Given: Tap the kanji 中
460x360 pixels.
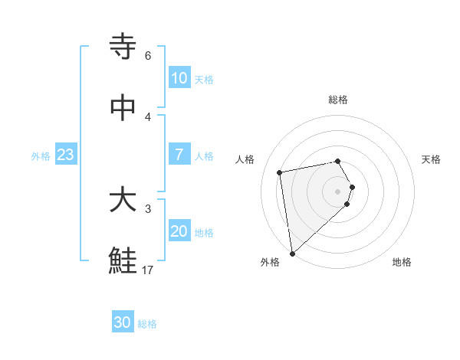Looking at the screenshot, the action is click(x=123, y=108).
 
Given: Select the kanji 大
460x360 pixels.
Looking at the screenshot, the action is click(x=123, y=201).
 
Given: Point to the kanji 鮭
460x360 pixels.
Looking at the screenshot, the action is click(x=123, y=261).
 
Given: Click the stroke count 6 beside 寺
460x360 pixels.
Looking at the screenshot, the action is click(x=147, y=56).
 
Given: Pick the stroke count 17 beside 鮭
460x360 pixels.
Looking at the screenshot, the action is click(x=148, y=270).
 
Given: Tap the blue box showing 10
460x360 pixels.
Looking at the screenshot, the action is click(x=179, y=78).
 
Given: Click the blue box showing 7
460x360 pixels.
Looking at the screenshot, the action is click(x=179, y=155).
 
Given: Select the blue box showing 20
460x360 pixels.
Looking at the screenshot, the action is click(x=179, y=231).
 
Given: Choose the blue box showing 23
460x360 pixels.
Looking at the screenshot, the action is click(x=66, y=155).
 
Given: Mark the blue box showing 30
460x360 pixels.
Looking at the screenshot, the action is click(x=123, y=322).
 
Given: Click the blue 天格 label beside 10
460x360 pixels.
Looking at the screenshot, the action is click(x=204, y=79).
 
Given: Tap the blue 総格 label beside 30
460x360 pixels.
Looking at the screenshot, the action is click(x=147, y=324).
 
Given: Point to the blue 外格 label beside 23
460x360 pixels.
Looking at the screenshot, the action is click(x=41, y=155).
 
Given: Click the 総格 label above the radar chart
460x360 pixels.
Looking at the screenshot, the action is click(x=338, y=100).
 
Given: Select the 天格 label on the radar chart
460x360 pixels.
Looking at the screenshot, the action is click(x=432, y=159).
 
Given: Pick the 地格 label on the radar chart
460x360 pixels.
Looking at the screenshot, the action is click(x=402, y=262).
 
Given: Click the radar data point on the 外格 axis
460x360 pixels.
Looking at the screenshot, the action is click(x=292, y=253).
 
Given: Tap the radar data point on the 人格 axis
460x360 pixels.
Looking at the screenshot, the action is click(x=280, y=172).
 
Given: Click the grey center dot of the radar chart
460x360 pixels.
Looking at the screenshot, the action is click(x=338, y=190).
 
